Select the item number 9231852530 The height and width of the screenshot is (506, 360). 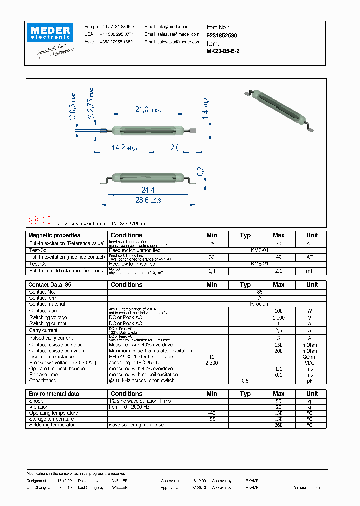[222, 36]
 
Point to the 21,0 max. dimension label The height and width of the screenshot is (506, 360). [148, 110]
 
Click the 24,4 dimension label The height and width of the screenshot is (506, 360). [148, 190]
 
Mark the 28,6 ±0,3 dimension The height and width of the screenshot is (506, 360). [148, 200]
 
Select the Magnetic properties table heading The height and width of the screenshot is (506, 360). [54, 235]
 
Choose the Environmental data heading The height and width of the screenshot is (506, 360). [53, 394]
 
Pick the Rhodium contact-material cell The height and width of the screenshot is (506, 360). [260, 304]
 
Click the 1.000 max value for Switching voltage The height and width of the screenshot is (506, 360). [278, 317]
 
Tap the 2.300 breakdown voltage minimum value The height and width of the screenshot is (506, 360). [212, 363]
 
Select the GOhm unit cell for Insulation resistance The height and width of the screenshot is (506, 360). [312, 357]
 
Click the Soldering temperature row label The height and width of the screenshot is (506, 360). [53, 425]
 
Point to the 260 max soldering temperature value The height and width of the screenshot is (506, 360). [278, 425]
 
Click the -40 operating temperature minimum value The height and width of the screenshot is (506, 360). [212, 413]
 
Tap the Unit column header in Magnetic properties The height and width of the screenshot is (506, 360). [312, 235]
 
